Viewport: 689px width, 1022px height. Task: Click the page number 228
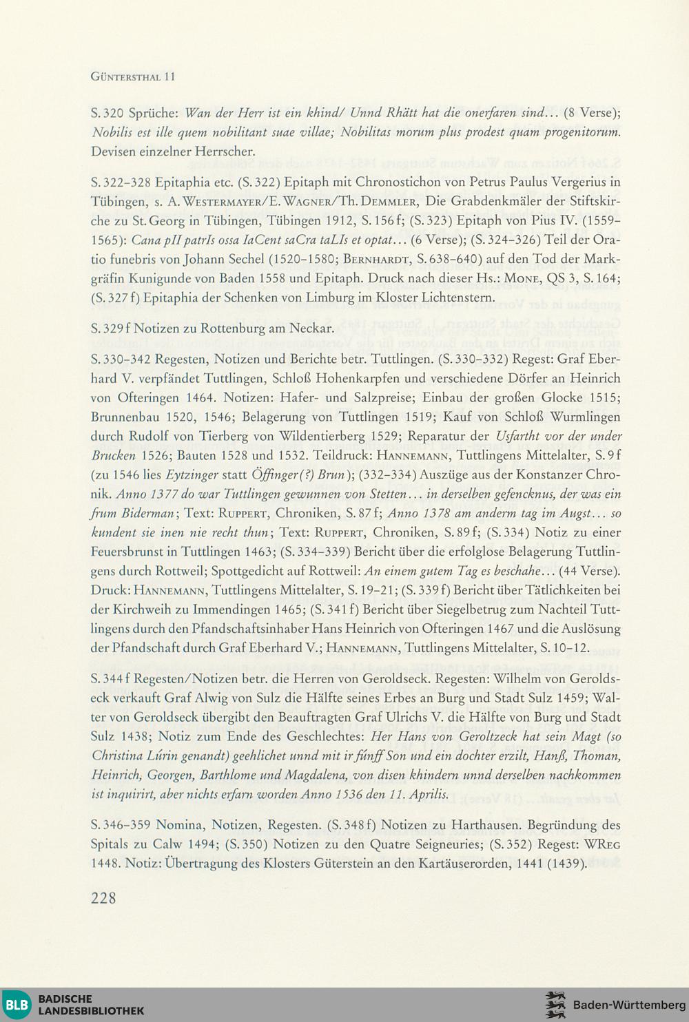(x=103, y=898)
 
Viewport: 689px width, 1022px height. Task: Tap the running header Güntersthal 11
(x=133, y=77)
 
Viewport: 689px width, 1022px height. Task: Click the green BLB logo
(x=17, y=1005)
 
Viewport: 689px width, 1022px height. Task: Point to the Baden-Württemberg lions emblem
(x=555, y=1005)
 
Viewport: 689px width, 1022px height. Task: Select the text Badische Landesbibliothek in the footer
(x=91, y=1005)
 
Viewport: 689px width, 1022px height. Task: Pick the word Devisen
(x=115, y=151)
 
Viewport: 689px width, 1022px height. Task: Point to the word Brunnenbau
(x=125, y=417)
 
